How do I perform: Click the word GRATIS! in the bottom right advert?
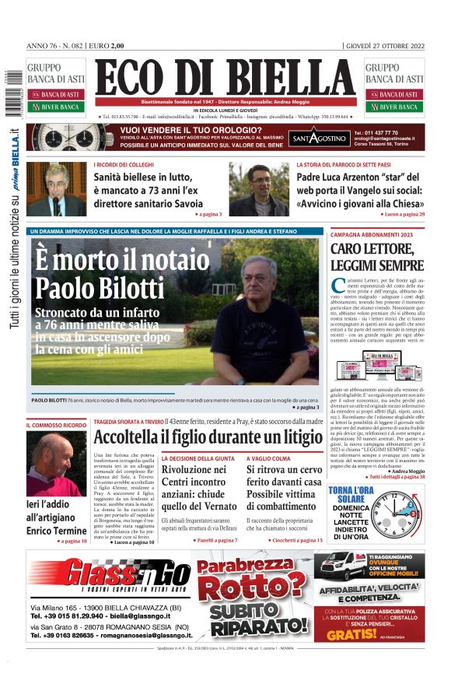357,634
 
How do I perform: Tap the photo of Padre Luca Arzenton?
258,189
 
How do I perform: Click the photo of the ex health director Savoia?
55,189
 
